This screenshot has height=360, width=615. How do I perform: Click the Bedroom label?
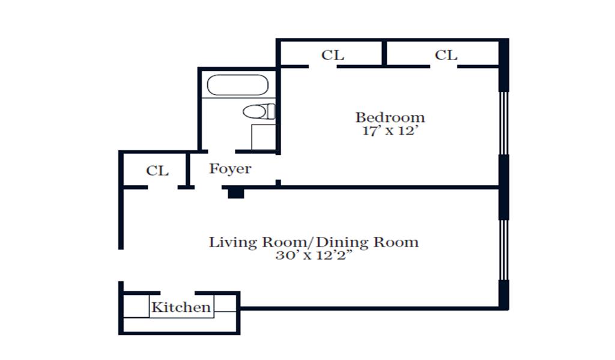coord(390,117)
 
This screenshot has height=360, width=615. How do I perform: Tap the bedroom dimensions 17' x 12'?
coord(389,130)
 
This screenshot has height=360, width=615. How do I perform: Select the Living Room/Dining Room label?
coord(314,242)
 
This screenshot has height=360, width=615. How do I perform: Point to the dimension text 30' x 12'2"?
coord(314,255)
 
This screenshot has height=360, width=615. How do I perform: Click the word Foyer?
coord(230,169)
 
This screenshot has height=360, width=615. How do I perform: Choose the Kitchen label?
coord(181,307)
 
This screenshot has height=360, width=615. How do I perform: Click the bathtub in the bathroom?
coord(238,85)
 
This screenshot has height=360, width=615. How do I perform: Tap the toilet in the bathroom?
coord(259,112)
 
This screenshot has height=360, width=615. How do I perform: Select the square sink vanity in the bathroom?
coord(263,136)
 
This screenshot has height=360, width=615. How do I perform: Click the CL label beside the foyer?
coord(157,171)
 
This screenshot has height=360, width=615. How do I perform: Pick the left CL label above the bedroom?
coord(333,55)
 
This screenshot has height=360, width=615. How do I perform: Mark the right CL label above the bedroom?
coord(446,55)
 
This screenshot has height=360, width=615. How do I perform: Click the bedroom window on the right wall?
coord(504,123)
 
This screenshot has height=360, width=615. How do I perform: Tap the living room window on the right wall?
coord(504,250)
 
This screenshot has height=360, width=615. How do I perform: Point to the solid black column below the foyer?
coord(235,193)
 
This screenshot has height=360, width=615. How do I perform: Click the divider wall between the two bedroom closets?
coord(384,53)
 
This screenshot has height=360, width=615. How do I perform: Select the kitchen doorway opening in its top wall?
coord(178,293)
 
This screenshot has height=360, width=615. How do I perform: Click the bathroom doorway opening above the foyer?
coord(222,151)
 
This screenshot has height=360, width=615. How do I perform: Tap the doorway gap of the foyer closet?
coord(163,188)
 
